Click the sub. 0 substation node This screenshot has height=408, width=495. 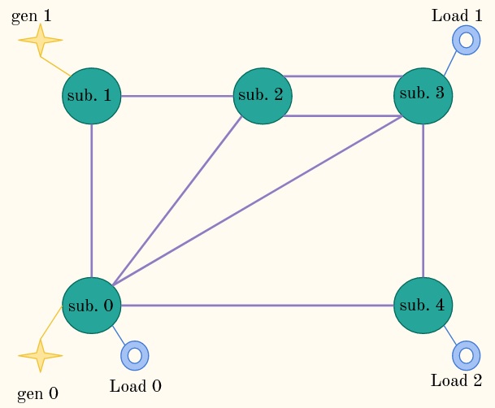(92, 306)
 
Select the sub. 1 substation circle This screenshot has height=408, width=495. (92, 96)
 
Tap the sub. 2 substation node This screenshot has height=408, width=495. (263, 96)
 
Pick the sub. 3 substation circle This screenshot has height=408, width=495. (423, 96)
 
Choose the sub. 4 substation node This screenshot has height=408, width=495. (423, 306)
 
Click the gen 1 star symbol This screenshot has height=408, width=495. (41, 40)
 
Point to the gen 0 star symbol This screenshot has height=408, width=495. (41, 356)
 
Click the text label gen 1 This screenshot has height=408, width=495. (31, 16)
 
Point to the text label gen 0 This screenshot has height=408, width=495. (37, 394)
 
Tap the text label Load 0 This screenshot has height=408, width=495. (136, 386)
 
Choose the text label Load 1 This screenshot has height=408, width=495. (457, 15)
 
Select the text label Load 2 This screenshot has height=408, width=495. (457, 380)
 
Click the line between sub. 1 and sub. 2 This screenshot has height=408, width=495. (177, 96)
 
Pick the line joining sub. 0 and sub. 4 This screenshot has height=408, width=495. (258, 306)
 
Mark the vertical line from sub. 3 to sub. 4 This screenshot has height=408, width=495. (423, 201)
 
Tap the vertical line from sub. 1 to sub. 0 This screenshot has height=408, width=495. (92, 201)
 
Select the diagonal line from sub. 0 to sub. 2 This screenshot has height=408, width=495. (177, 201)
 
